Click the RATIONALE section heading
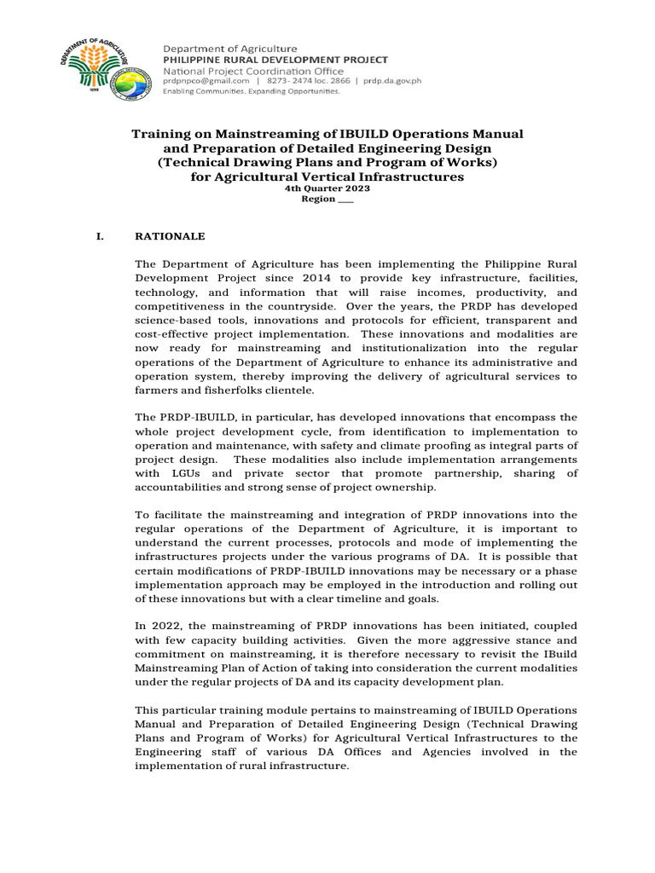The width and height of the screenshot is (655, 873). click(169, 234)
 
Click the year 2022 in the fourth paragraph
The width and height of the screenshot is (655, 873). click(163, 627)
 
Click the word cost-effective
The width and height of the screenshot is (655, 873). click(165, 334)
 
